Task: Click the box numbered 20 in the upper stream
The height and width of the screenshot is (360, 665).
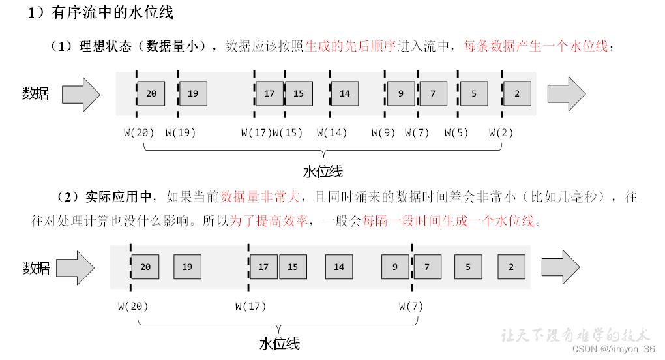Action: tap(151, 94)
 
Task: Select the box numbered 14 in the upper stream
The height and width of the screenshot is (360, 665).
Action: tap(345, 94)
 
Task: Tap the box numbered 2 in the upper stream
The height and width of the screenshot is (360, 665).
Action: tap(516, 94)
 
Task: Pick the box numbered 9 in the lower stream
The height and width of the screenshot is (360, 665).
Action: tap(395, 267)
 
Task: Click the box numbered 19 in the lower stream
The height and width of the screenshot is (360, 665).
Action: tap(187, 267)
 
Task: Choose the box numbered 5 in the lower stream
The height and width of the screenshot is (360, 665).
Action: tap(468, 267)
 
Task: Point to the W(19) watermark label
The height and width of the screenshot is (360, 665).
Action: tap(181, 133)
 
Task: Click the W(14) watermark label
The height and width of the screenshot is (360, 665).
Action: tap(332, 133)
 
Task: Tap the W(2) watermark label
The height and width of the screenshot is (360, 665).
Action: tap(501, 133)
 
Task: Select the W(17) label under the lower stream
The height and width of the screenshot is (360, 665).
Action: tap(251, 306)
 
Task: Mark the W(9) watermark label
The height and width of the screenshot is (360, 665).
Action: tap(384, 133)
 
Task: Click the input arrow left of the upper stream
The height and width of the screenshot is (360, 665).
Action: tap(81, 94)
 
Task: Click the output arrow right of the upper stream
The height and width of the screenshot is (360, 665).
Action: tap(566, 94)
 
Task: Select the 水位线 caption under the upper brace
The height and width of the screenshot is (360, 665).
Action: tap(323, 172)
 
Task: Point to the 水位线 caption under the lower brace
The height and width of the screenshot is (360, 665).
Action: tap(279, 343)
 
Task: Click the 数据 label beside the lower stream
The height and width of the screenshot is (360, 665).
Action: tap(37, 267)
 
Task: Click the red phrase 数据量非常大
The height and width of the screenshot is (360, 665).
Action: tap(259, 197)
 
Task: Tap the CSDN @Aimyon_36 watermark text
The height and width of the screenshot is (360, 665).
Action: tap(613, 350)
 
